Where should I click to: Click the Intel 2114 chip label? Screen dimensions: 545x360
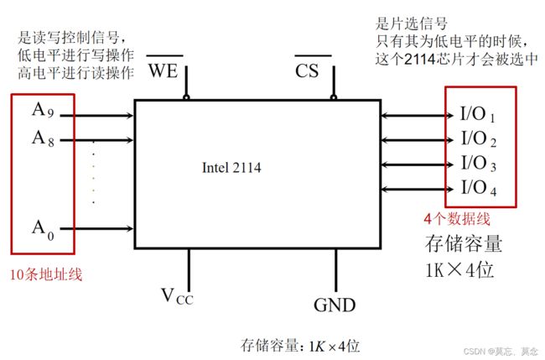tap(231, 168)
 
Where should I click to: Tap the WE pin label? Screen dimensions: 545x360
tap(163, 70)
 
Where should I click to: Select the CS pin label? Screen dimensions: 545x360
tap(307, 71)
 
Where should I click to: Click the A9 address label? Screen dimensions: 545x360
tap(43, 110)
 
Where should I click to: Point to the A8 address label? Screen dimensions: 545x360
tap(43, 138)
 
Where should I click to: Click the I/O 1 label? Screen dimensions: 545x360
tap(478, 114)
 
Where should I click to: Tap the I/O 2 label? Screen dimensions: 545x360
tap(479, 138)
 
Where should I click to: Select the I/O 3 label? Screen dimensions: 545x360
tap(479, 163)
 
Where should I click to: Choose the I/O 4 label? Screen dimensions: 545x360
tap(479, 188)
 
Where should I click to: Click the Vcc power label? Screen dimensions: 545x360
tap(177, 297)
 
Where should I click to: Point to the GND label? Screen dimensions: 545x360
tap(335, 305)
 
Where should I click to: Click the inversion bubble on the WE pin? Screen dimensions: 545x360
tap(186, 97)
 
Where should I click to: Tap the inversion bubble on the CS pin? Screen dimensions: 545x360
tap(334, 97)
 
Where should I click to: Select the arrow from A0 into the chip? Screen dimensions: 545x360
tap(96, 228)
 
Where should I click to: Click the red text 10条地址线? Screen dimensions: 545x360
tap(46, 274)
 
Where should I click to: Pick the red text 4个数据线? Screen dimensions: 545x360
tap(457, 219)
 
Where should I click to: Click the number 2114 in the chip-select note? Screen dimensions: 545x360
tap(420, 60)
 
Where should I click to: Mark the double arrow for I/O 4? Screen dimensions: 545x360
tap(417, 189)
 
